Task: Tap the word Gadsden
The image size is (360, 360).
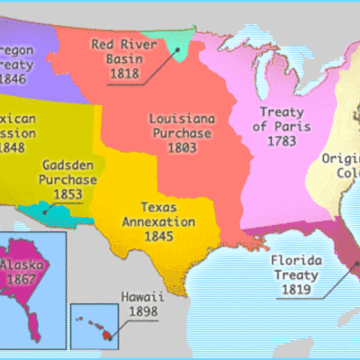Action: [67, 165]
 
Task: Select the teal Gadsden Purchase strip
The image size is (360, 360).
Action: [51, 214]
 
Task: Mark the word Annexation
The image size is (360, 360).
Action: [161, 221]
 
